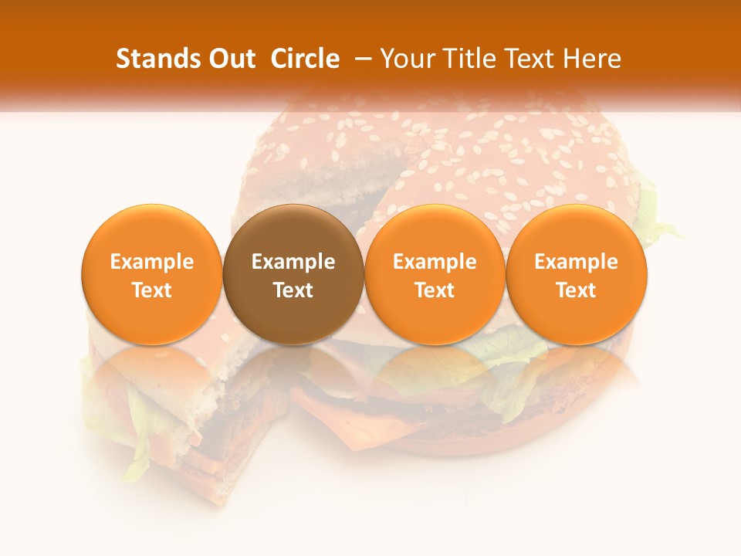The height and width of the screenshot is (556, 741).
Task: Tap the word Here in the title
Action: pyautogui.click(x=592, y=59)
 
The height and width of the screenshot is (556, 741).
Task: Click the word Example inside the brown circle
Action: pyautogui.click(x=293, y=262)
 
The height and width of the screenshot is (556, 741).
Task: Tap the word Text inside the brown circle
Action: pyautogui.click(x=293, y=290)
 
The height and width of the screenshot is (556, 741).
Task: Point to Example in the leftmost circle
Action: pyautogui.click(x=152, y=262)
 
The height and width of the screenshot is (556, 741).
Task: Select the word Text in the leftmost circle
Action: pyautogui.click(x=152, y=290)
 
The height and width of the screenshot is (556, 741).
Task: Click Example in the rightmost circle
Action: pyautogui.click(x=576, y=262)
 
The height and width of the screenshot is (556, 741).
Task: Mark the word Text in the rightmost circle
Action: pyautogui.click(x=576, y=290)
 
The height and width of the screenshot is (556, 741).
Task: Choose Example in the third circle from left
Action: pyautogui.click(x=435, y=262)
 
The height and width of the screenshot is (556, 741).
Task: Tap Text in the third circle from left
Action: pyautogui.click(x=435, y=290)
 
